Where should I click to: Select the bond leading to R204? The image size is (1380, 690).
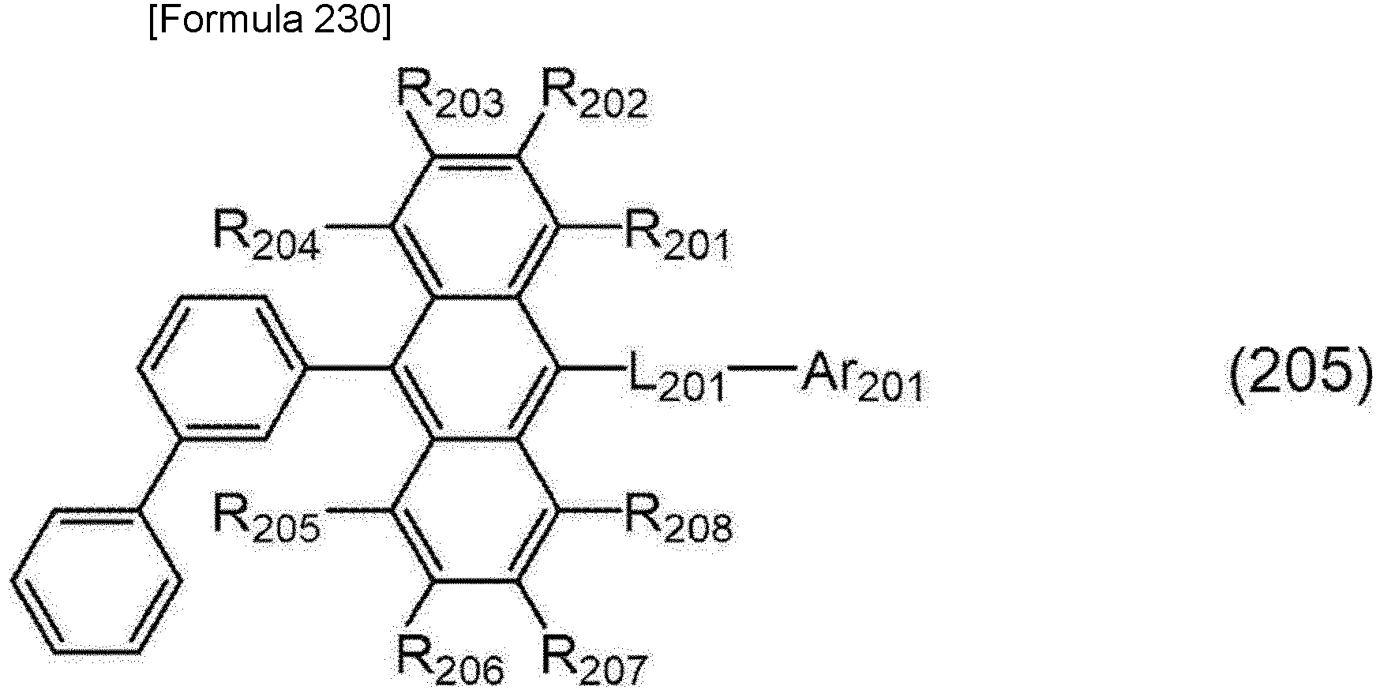pos(358,226)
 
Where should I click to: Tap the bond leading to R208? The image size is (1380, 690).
pos(591,509)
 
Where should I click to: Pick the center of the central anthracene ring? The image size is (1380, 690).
pos(475,368)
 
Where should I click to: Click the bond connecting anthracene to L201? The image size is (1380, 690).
pos(592,367)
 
